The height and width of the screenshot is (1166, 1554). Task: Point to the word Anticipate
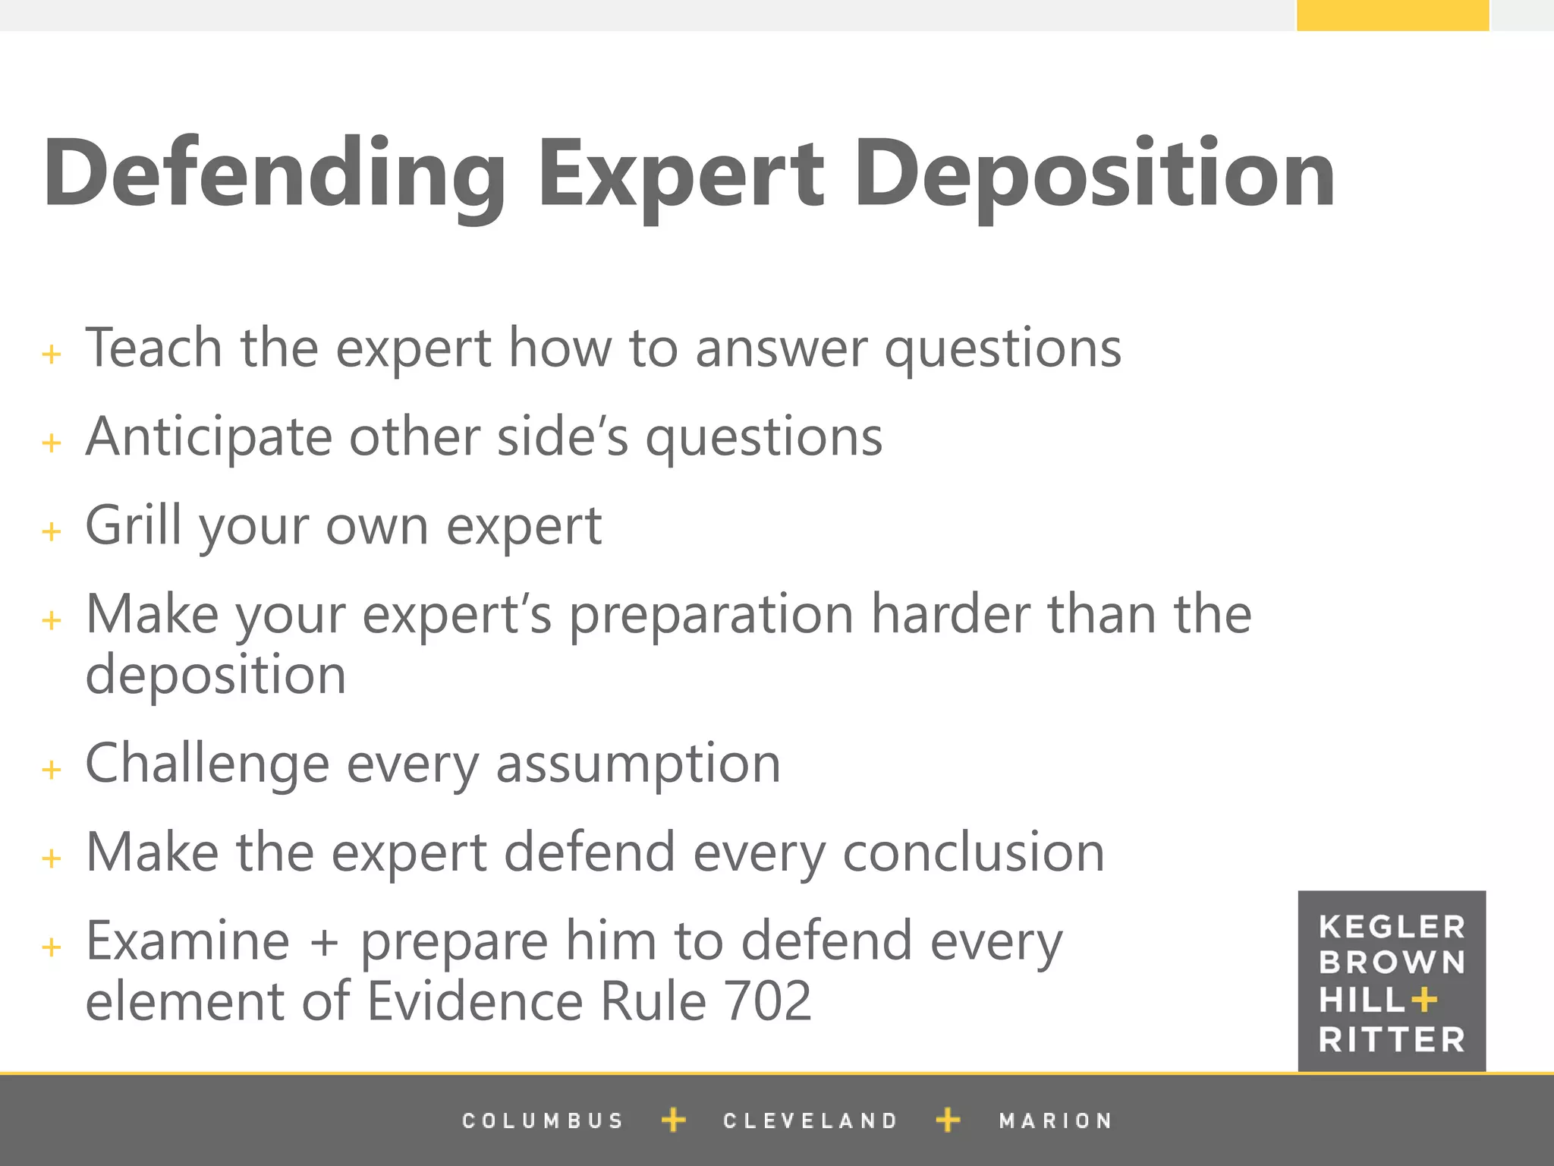(209, 438)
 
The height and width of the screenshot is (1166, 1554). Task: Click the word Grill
(134, 525)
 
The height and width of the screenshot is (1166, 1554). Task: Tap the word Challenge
(207, 764)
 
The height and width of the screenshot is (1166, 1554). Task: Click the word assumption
(638, 764)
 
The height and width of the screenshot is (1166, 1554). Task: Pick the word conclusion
(974, 852)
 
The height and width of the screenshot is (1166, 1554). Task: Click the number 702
(768, 1001)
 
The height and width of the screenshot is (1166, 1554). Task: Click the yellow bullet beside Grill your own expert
(52, 531)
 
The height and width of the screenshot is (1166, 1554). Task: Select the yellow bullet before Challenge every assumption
(52, 770)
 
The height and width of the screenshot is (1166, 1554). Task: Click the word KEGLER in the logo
(1392, 927)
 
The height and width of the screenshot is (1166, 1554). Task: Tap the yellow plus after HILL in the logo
(1424, 1000)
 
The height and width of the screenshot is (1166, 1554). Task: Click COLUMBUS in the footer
(543, 1120)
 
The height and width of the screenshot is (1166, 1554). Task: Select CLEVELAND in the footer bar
(810, 1120)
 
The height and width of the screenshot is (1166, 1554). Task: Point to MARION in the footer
(1055, 1120)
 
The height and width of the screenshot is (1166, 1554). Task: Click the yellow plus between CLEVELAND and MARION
(948, 1120)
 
